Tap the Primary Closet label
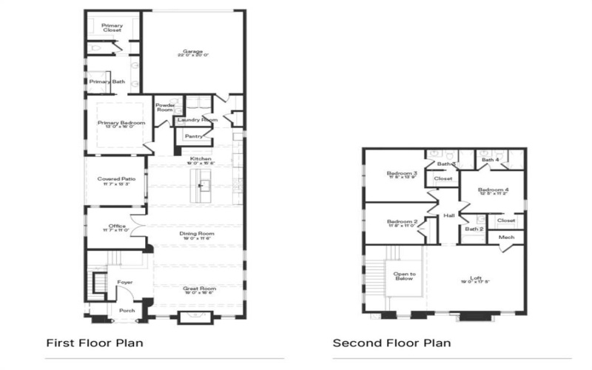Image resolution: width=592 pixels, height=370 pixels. [112, 27]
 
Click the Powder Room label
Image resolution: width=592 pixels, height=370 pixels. [164, 107]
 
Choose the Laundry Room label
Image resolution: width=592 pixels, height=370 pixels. [197, 119]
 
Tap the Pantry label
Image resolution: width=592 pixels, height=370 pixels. [193, 136]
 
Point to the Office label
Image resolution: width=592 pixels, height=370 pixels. [116, 227]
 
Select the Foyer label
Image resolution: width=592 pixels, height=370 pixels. [125, 282]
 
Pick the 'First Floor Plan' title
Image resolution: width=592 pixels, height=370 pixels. [95, 343]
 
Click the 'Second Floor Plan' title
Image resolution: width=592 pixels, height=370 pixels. [391, 343]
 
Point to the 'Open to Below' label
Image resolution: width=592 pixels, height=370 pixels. [405, 276]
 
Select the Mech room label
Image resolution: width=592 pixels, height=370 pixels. [507, 238]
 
